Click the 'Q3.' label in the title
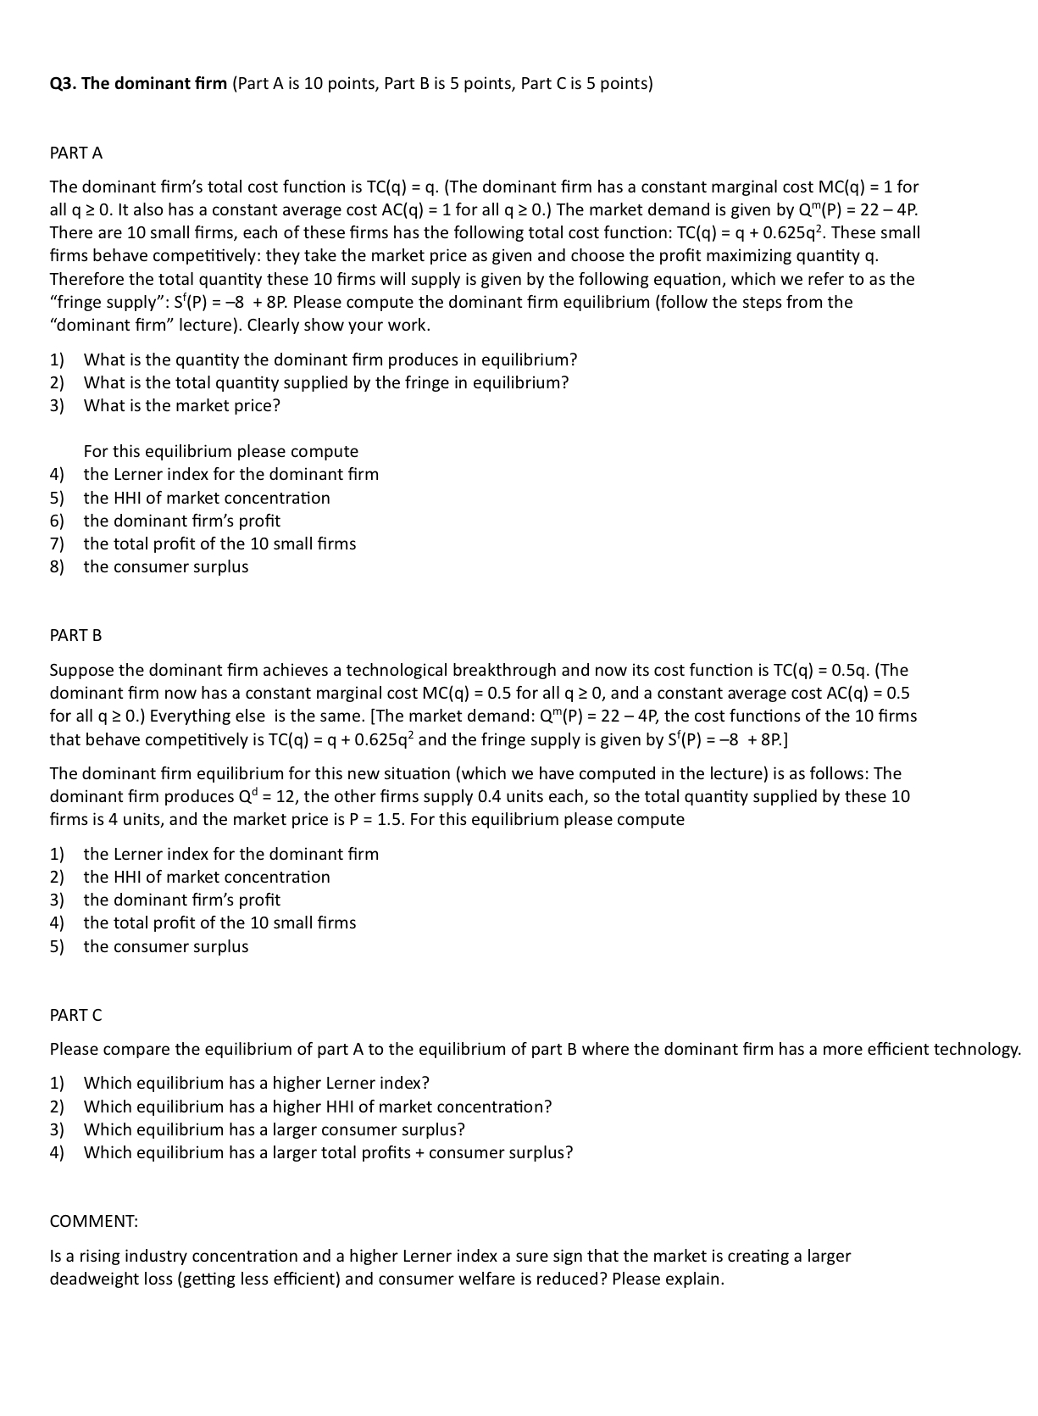coord(63,83)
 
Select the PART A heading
coord(75,153)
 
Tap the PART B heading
coord(75,635)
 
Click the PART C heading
coord(75,1015)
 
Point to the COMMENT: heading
coord(93,1221)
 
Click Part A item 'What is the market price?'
coord(181,405)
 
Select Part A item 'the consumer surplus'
coord(166,566)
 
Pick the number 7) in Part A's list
coord(57,544)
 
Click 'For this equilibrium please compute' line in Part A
coord(220,451)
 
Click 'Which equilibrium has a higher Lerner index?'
coord(256,1083)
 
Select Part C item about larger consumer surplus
coord(274,1129)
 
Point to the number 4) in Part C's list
coord(57,1152)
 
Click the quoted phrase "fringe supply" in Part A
coord(97,303)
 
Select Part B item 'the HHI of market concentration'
coord(207,877)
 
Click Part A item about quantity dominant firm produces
coord(330,360)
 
